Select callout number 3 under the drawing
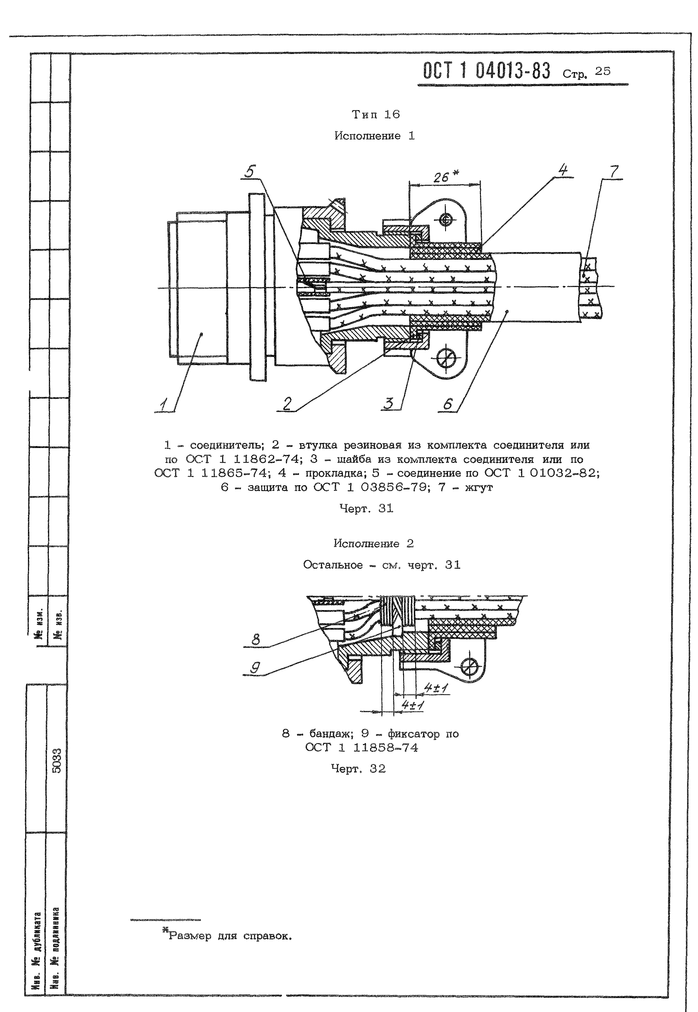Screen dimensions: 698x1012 [389, 403]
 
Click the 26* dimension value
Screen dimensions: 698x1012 [446, 177]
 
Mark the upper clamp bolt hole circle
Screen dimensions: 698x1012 [446, 220]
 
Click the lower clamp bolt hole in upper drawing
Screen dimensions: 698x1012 [446, 359]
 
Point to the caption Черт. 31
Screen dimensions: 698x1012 [367, 508]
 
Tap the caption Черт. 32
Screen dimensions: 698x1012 [358, 768]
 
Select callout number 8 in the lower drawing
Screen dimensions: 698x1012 [256, 640]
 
